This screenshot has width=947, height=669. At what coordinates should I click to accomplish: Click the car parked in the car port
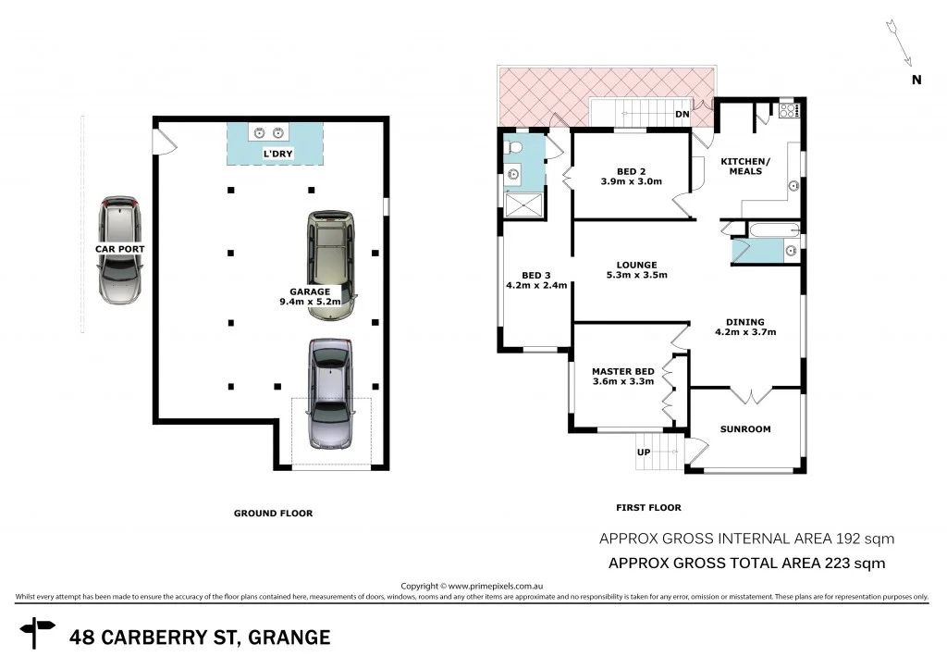[120, 250]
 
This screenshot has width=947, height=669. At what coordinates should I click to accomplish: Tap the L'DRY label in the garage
[277, 154]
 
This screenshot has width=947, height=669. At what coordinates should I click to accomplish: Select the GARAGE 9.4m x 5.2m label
[310, 296]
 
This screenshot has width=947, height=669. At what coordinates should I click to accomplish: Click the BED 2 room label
[631, 176]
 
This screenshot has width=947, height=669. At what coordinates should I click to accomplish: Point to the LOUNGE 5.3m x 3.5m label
[636, 269]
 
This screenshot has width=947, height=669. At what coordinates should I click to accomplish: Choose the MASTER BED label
[622, 377]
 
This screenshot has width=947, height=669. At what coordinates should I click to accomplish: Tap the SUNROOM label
[745, 429]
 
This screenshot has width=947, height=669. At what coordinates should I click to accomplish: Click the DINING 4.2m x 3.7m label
[744, 326]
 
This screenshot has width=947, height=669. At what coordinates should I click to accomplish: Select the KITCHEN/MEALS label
[744, 166]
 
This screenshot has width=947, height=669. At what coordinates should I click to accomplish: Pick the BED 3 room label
[535, 280]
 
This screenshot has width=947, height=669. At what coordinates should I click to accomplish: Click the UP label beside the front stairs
[644, 452]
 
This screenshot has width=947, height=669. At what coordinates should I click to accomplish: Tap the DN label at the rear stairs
[683, 114]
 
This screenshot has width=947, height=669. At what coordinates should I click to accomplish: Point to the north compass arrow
[898, 38]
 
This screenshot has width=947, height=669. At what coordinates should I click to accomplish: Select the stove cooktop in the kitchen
[789, 111]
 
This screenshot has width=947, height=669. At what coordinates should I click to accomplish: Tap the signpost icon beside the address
[38, 635]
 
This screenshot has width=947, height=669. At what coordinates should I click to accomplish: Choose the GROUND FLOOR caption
[273, 513]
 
